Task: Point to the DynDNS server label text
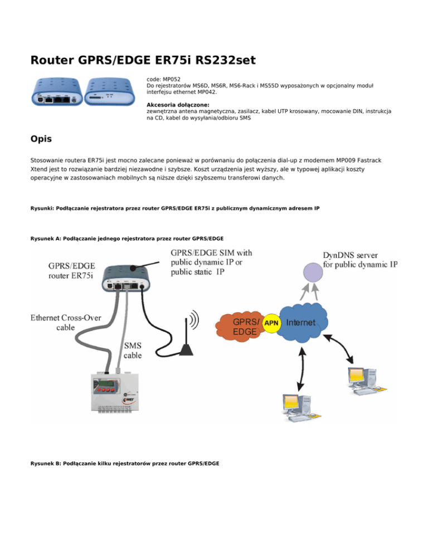(360, 259)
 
